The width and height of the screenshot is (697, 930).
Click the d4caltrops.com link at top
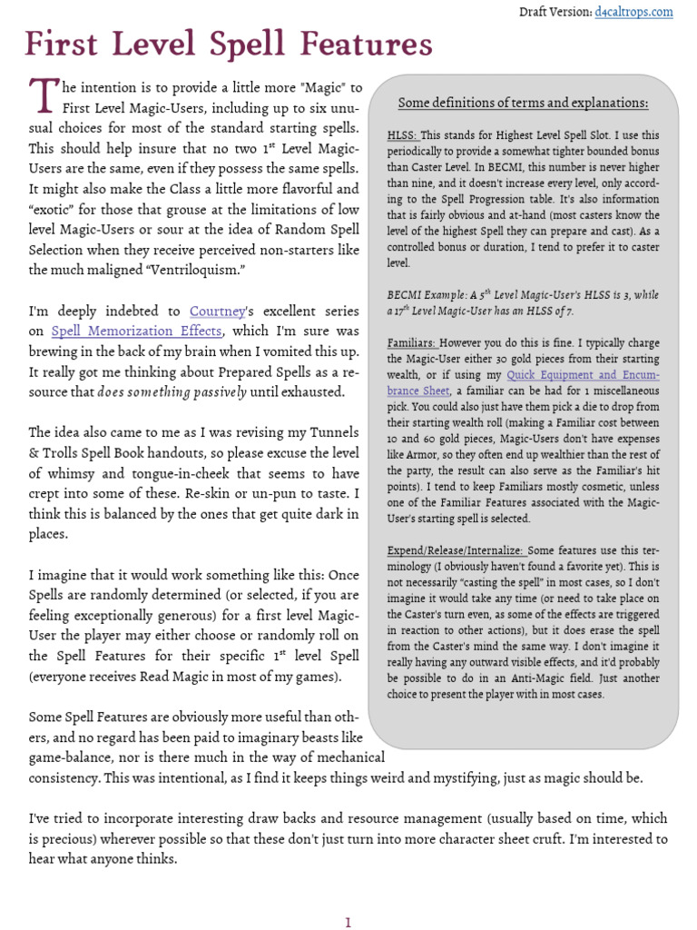pos(634,12)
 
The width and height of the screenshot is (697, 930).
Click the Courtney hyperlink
pos(218,312)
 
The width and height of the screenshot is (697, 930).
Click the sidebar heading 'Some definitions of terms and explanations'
pos(524,103)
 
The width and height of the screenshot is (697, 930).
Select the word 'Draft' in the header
pos(535,12)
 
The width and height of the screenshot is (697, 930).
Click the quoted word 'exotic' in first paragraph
pos(54,210)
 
